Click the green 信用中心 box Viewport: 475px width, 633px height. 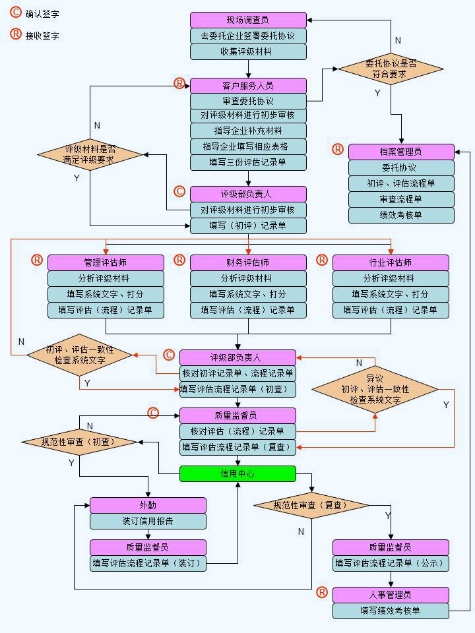pyautogui.click(x=237, y=473)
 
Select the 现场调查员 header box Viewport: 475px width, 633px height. pyautogui.click(x=248, y=20)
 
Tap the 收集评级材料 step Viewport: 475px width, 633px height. pyautogui.click(x=248, y=51)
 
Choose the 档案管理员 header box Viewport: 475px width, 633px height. pyautogui.click(x=401, y=152)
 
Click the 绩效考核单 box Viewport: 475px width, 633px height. pyautogui.click(x=401, y=215)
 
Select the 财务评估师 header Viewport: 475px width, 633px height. pyautogui.click(x=248, y=262)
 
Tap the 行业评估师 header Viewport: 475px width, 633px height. pyautogui.click(x=391, y=262)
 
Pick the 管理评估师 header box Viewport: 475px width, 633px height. pyautogui.click(x=106, y=262)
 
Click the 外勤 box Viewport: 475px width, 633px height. pyautogui.click(x=148, y=505)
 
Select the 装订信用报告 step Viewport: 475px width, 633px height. pyautogui.click(x=148, y=521)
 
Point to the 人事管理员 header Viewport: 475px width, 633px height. pyautogui.click(x=391, y=595)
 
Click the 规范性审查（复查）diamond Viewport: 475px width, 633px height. pyautogui.click(x=311, y=505)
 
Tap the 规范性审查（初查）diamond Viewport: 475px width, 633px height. pyautogui.click(x=79, y=442)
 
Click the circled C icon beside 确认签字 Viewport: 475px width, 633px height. pyautogui.click(x=15, y=13)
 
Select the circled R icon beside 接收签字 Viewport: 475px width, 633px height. pyautogui.click(x=15, y=34)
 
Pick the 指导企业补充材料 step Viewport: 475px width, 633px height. pyautogui.click(x=248, y=131)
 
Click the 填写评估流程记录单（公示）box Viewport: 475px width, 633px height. pyautogui.click(x=391, y=563)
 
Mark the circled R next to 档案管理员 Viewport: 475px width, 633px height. pyautogui.click(x=338, y=150)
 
